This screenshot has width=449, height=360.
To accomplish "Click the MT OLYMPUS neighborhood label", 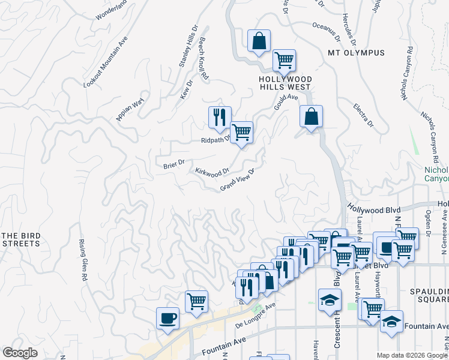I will (x=356, y=53).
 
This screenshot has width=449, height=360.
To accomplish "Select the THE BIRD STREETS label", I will (x=20, y=239).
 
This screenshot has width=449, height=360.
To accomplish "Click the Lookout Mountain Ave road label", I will (x=106, y=62).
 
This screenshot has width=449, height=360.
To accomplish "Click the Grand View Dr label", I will (x=238, y=179).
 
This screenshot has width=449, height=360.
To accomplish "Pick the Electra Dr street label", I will (x=363, y=115).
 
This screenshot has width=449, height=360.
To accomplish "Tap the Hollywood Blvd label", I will (x=373, y=208).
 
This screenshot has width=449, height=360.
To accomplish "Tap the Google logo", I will (x=20, y=353).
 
